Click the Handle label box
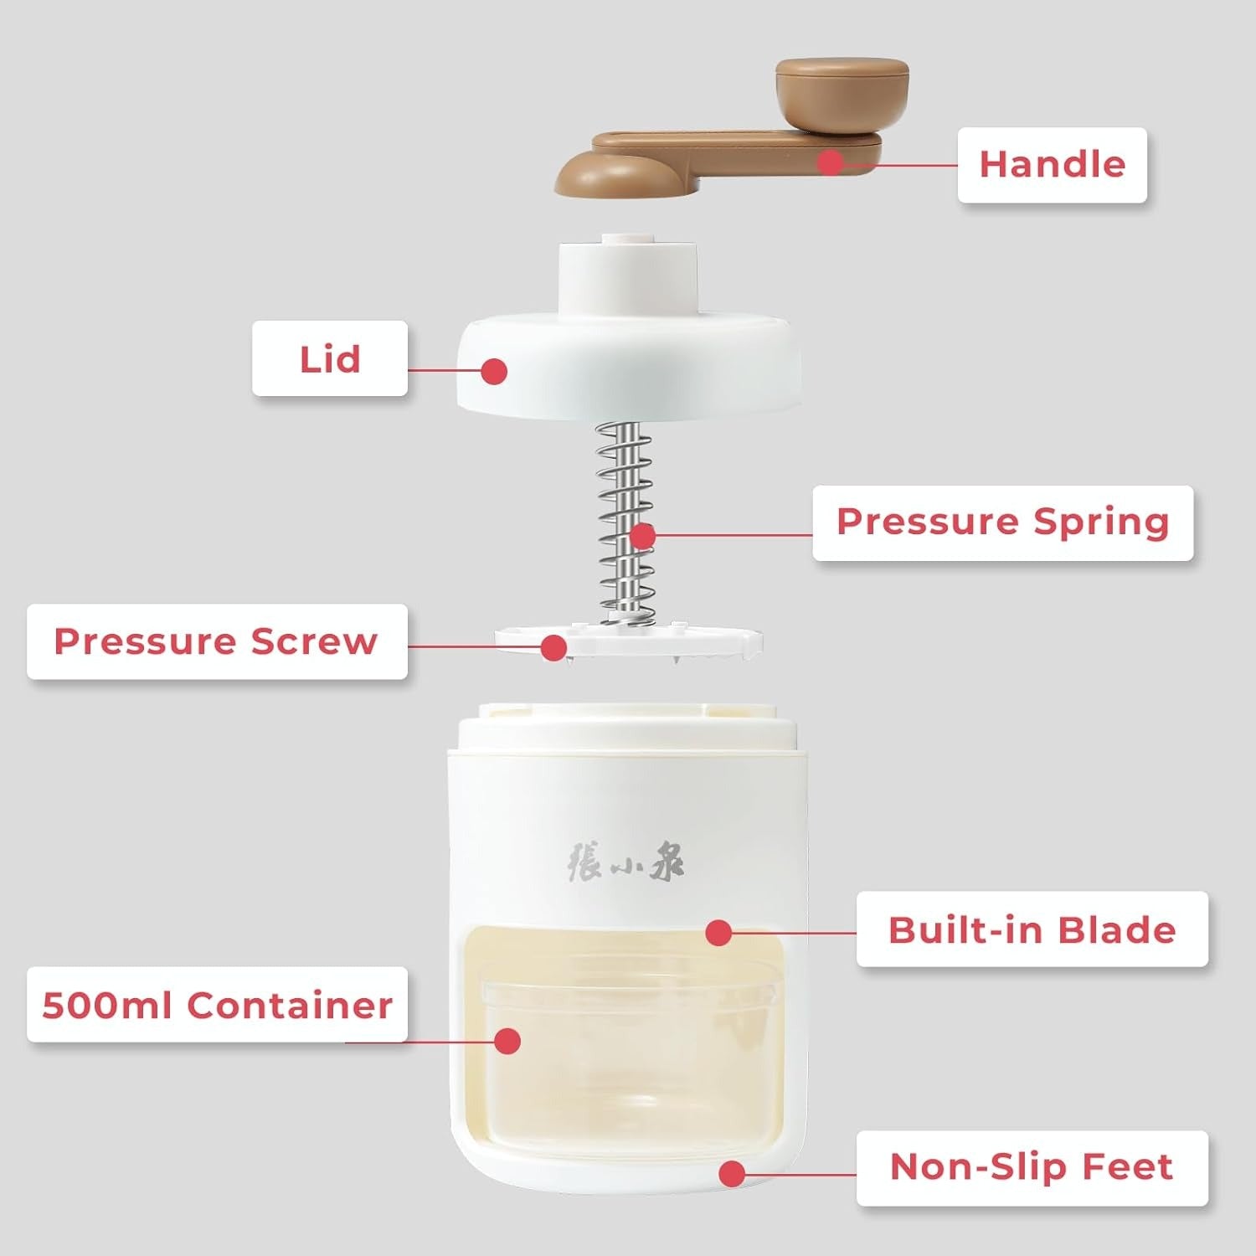coord(1052,164)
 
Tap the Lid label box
coord(330,358)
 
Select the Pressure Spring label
coord(1002,522)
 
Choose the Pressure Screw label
coord(216,641)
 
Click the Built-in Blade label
coord(1032,929)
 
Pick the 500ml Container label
coord(217,1005)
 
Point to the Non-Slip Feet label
coord(1032,1167)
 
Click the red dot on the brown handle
coord(830,162)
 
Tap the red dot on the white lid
coord(495,371)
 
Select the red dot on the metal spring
coord(642,536)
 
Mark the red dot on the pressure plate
coord(553,647)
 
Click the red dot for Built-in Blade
coord(718,933)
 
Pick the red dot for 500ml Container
coord(507,1041)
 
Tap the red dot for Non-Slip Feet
coord(733,1173)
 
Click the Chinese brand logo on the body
coord(625,862)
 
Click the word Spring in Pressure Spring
coord(1100,522)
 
